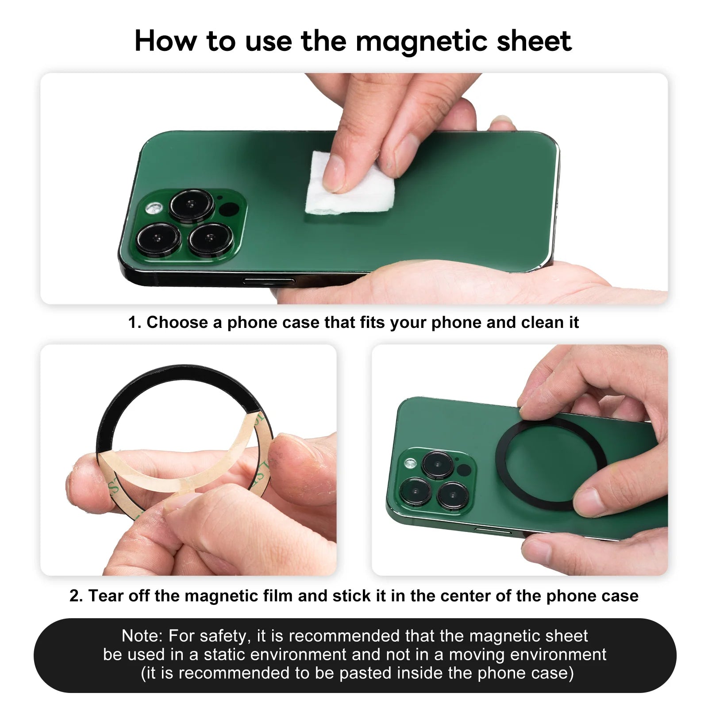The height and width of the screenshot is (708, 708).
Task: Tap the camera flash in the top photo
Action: (155, 207)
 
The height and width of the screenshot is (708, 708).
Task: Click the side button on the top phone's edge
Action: (269, 281)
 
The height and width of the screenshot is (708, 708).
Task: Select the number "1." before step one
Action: (135, 322)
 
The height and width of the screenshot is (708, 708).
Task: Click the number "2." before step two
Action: (76, 596)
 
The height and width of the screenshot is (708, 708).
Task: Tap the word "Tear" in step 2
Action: (104, 596)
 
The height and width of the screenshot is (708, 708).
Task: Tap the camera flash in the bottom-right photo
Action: (411, 463)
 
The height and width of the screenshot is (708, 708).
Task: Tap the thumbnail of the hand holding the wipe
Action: (354, 189)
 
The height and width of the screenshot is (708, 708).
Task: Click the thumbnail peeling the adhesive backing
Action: (189, 460)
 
